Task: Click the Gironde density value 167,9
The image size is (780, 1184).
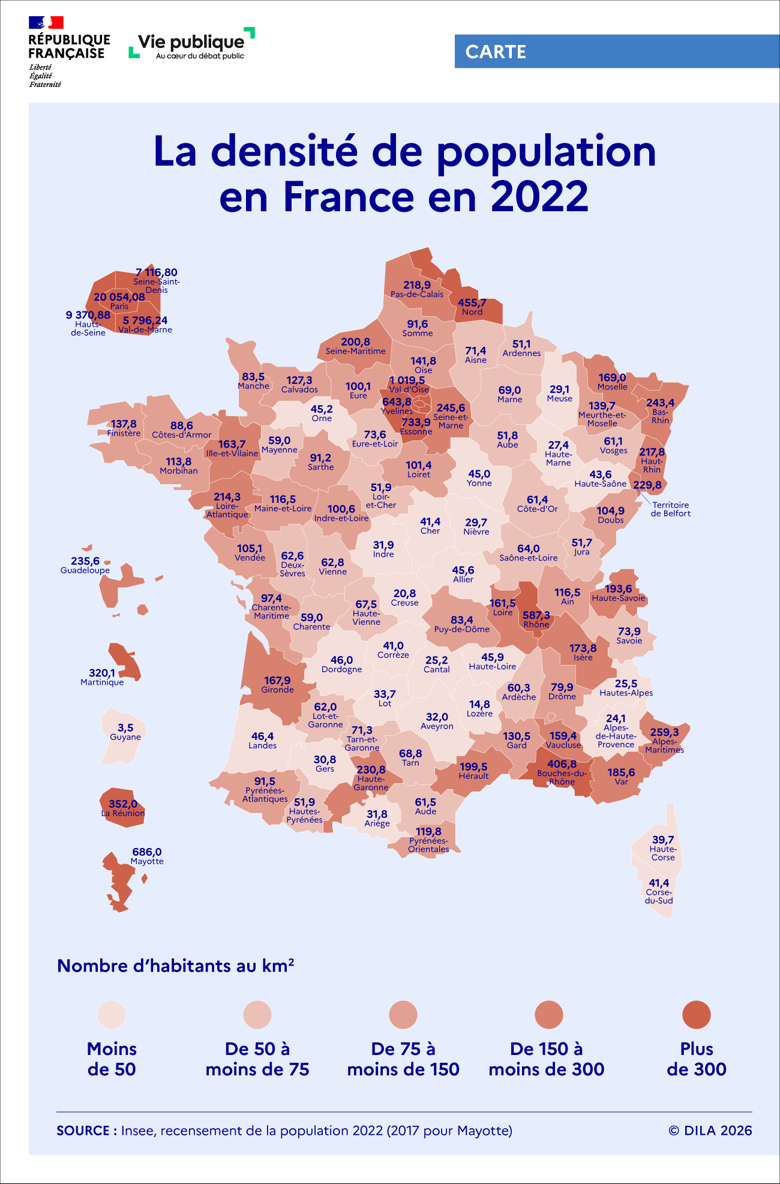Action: click(x=277, y=681)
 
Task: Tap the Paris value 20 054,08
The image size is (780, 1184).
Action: click(x=119, y=297)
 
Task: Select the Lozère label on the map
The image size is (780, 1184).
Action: click(x=479, y=714)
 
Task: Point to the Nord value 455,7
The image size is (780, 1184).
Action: click(x=472, y=303)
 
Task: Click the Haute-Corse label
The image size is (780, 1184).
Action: click(x=663, y=853)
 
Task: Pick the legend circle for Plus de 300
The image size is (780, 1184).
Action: click(x=696, y=1015)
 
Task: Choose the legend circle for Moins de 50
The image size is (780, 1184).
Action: click(x=112, y=1015)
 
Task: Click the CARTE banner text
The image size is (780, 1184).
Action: click(x=496, y=52)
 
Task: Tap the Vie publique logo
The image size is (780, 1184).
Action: click(x=191, y=43)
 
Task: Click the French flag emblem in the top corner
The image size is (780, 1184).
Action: click(x=46, y=23)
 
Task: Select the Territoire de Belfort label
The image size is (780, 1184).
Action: click(x=671, y=509)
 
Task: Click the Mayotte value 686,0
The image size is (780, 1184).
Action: click(x=147, y=852)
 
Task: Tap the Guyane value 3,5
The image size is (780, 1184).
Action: click(x=125, y=728)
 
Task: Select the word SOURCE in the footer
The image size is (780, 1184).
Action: click(x=83, y=1131)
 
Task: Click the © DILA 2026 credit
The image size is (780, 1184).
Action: click(x=710, y=1131)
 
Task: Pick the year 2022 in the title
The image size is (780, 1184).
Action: click(x=539, y=197)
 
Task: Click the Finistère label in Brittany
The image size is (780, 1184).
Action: click(x=124, y=433)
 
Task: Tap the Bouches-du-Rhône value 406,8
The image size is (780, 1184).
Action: click(x=562, y=764)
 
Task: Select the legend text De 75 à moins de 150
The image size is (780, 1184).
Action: click(x=403, y=1059)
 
